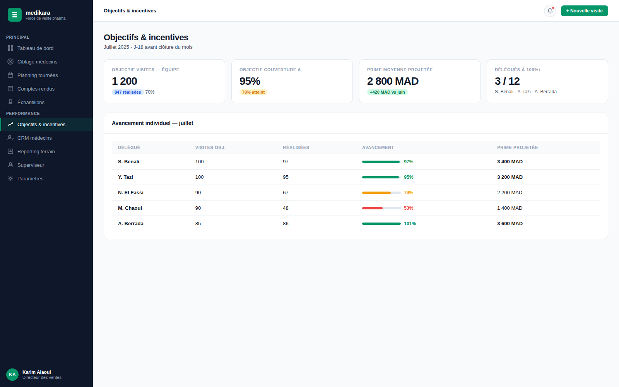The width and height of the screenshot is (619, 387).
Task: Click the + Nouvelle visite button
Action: pos(584,11)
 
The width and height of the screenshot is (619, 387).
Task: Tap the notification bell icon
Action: pos(550,11)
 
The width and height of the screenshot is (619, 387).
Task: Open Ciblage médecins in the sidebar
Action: pos(37,62)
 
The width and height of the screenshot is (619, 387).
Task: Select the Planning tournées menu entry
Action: pos(37,75)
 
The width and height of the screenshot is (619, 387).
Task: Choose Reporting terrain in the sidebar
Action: pos(36,151)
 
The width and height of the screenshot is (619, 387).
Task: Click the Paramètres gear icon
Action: pos(10,178)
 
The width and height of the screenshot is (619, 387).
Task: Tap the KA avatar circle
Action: pos(12,375)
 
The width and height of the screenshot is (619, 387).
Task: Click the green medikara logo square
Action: pos(15,15)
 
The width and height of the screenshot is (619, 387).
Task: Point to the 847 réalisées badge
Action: pos(128,92)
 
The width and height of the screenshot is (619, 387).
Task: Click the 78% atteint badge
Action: pos(253,92)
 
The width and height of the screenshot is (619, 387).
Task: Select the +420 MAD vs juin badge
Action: pos(387,92)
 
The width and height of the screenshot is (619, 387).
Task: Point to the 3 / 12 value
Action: pos(507,81)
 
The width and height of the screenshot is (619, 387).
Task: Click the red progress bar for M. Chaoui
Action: pos(372,208)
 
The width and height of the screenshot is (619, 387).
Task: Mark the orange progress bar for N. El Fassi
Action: pos(376,193)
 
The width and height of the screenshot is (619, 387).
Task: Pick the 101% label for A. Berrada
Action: pos(410,224)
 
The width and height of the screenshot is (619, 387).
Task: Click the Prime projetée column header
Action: pos(517,147)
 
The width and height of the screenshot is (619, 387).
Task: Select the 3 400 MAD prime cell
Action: pos(510,162)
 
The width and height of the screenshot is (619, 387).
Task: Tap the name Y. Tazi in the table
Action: pos(125,177)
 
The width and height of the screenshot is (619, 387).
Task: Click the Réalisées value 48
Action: pos(286,208)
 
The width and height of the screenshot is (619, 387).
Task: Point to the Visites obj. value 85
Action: pos(198,224)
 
